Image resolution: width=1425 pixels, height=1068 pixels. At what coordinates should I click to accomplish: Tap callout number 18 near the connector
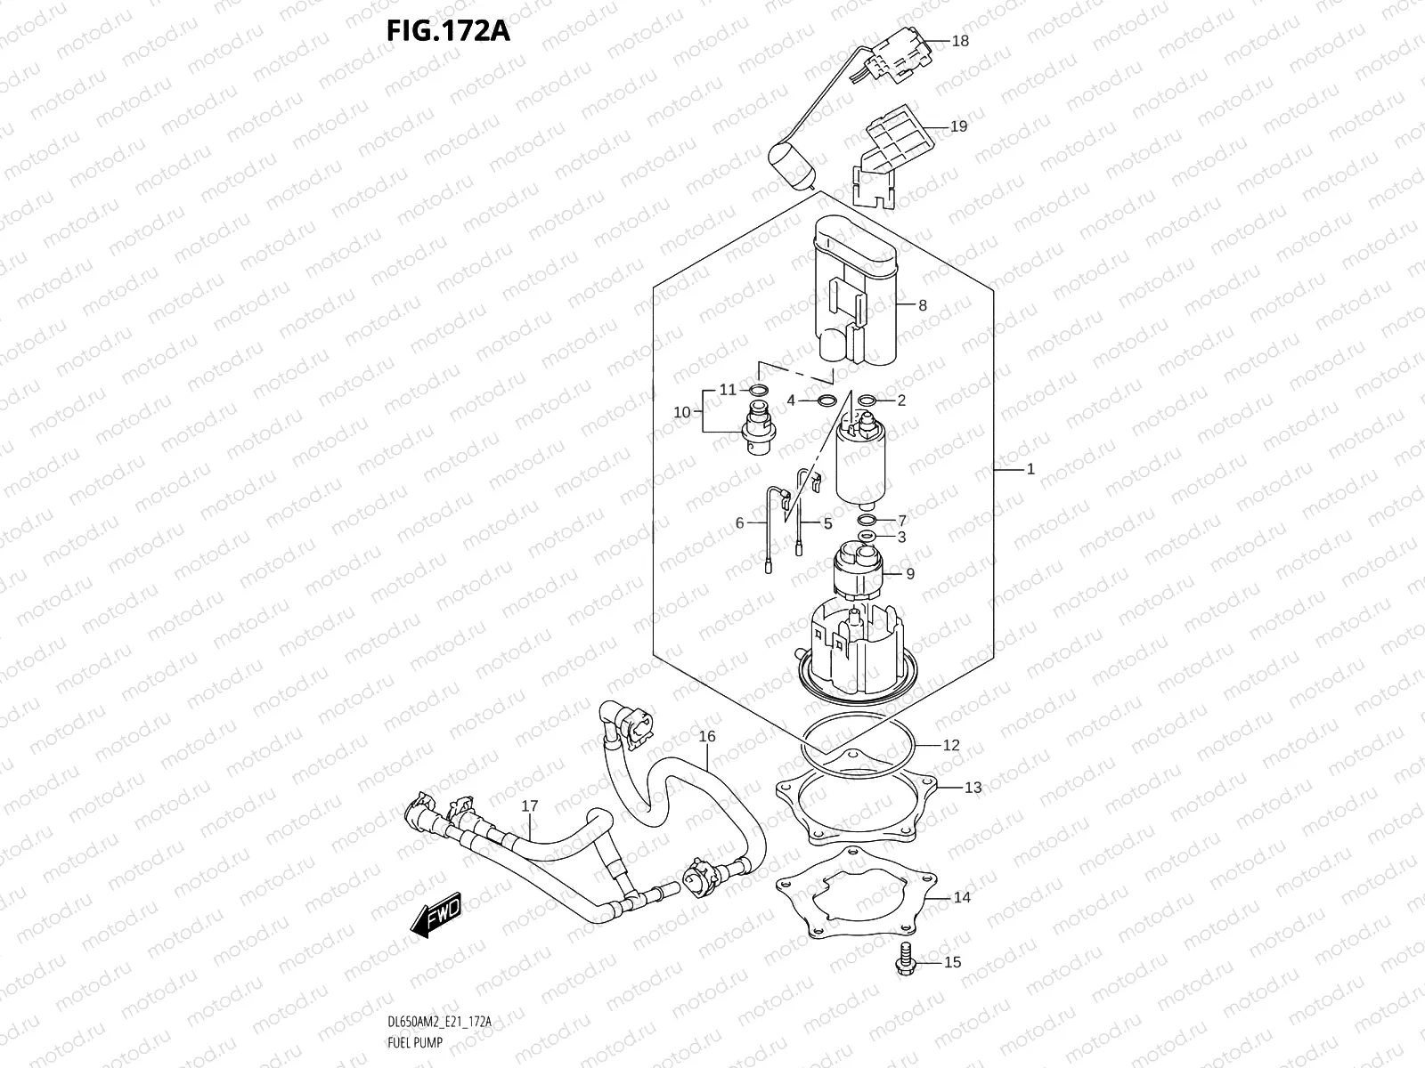pos(960,41)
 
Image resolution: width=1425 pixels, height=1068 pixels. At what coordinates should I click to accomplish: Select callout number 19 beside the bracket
pos(958,126)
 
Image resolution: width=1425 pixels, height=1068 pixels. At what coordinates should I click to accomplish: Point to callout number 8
pos(923,305)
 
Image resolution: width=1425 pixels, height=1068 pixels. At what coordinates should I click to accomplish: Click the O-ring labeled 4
pos(826,400)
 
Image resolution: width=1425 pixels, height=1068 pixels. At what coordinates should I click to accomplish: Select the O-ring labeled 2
pos(864,400)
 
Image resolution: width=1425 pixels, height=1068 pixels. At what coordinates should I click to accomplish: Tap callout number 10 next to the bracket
pos(682,412)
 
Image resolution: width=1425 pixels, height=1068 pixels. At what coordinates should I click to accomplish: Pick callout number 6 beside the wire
pos(739,523)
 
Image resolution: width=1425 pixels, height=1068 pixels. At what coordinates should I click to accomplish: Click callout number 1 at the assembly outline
pos(1030,469)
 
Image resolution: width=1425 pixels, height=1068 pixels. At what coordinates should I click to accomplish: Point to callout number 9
pos(910,574)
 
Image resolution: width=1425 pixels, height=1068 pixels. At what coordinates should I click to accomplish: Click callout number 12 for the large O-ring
pos(951,745)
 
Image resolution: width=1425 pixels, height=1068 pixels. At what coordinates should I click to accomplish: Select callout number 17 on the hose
pos(530,806)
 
